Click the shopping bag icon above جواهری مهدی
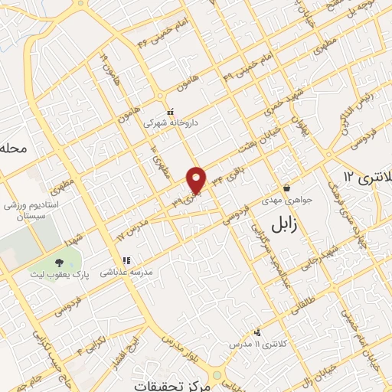286,187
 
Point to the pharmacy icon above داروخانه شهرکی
170,111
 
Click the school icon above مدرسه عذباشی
126,260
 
